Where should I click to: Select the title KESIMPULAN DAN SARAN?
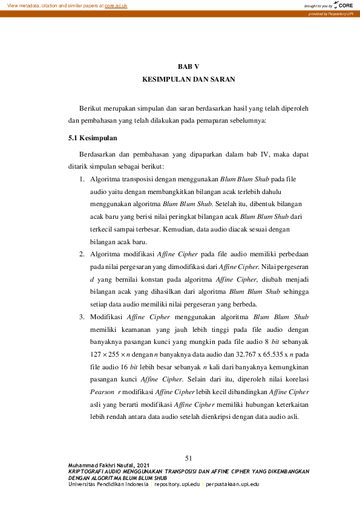click(x=188, y=79)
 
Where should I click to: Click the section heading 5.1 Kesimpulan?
click(x=93, y=138)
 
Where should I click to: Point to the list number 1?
click(x=82, y=180)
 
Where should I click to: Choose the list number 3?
click(x=82, y=316)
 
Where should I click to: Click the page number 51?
click(x=188, y=457)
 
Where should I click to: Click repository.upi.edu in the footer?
click(x=177, y=484)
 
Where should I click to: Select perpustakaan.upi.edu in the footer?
click(x=232, y=484)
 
